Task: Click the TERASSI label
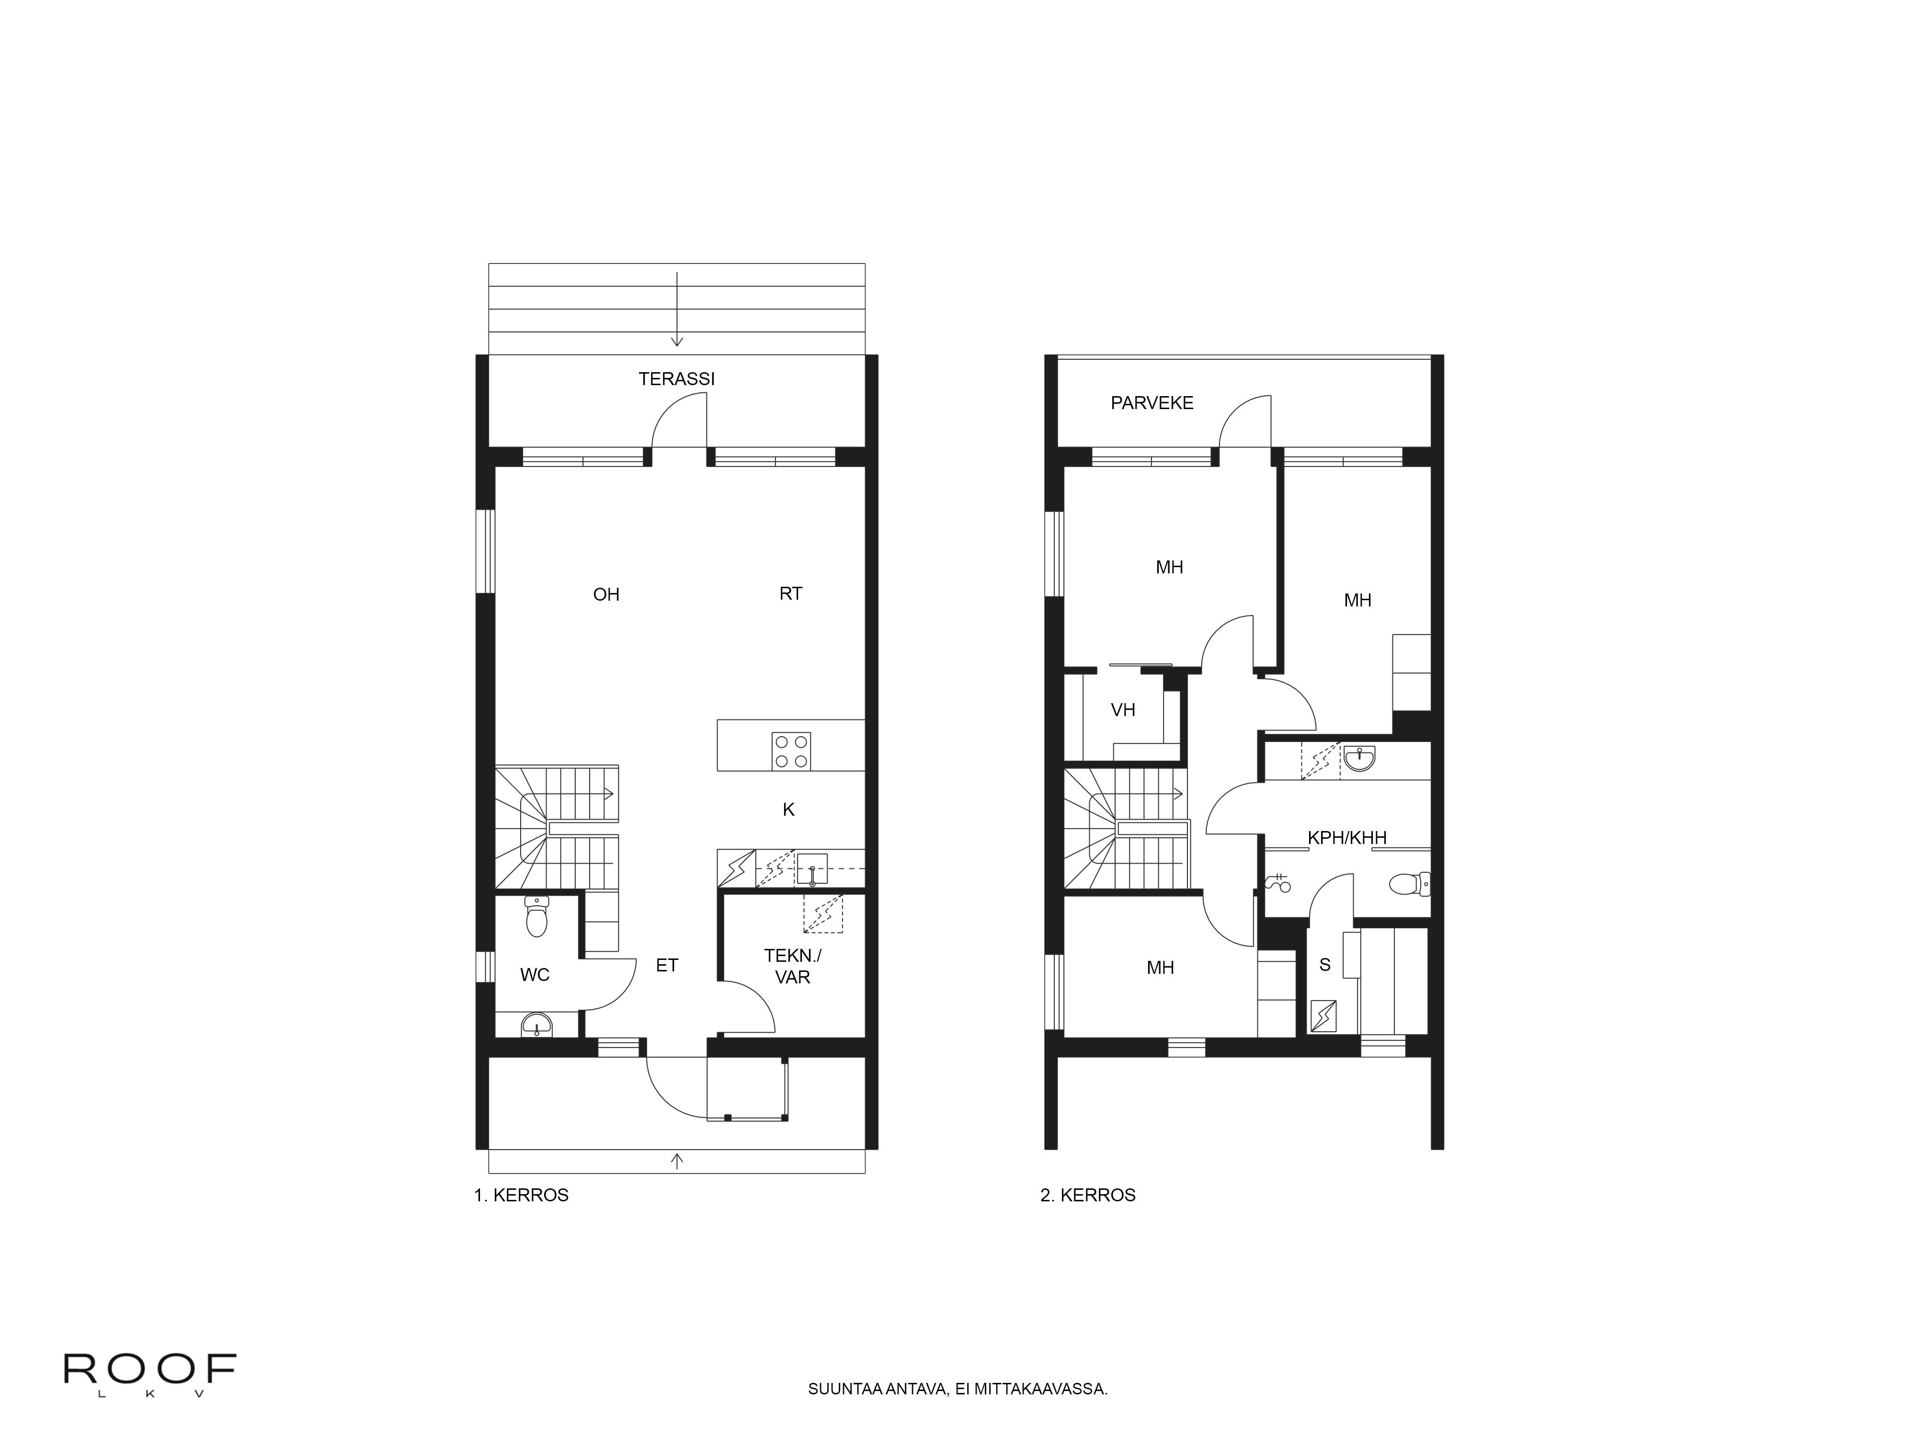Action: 676,378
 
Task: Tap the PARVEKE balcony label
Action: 1152,403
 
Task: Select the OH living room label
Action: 606,594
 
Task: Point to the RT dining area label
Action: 791,593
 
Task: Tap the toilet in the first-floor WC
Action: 537,916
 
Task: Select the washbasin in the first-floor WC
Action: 537,1026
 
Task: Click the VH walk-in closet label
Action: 1123,710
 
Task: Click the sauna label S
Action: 1324,965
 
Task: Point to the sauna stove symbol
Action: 1324,1016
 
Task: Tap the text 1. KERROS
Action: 522,1195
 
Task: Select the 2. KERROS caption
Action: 1088,1195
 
